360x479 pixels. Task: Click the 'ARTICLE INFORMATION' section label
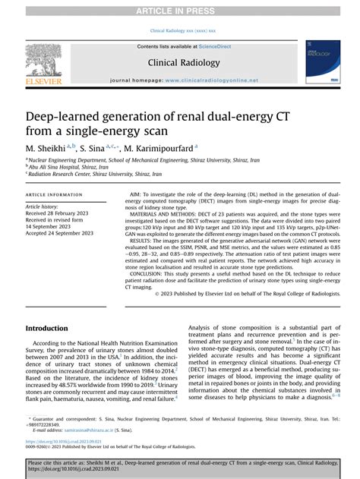55,195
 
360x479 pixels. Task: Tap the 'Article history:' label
43,206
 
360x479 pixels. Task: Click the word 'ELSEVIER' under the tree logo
44,79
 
